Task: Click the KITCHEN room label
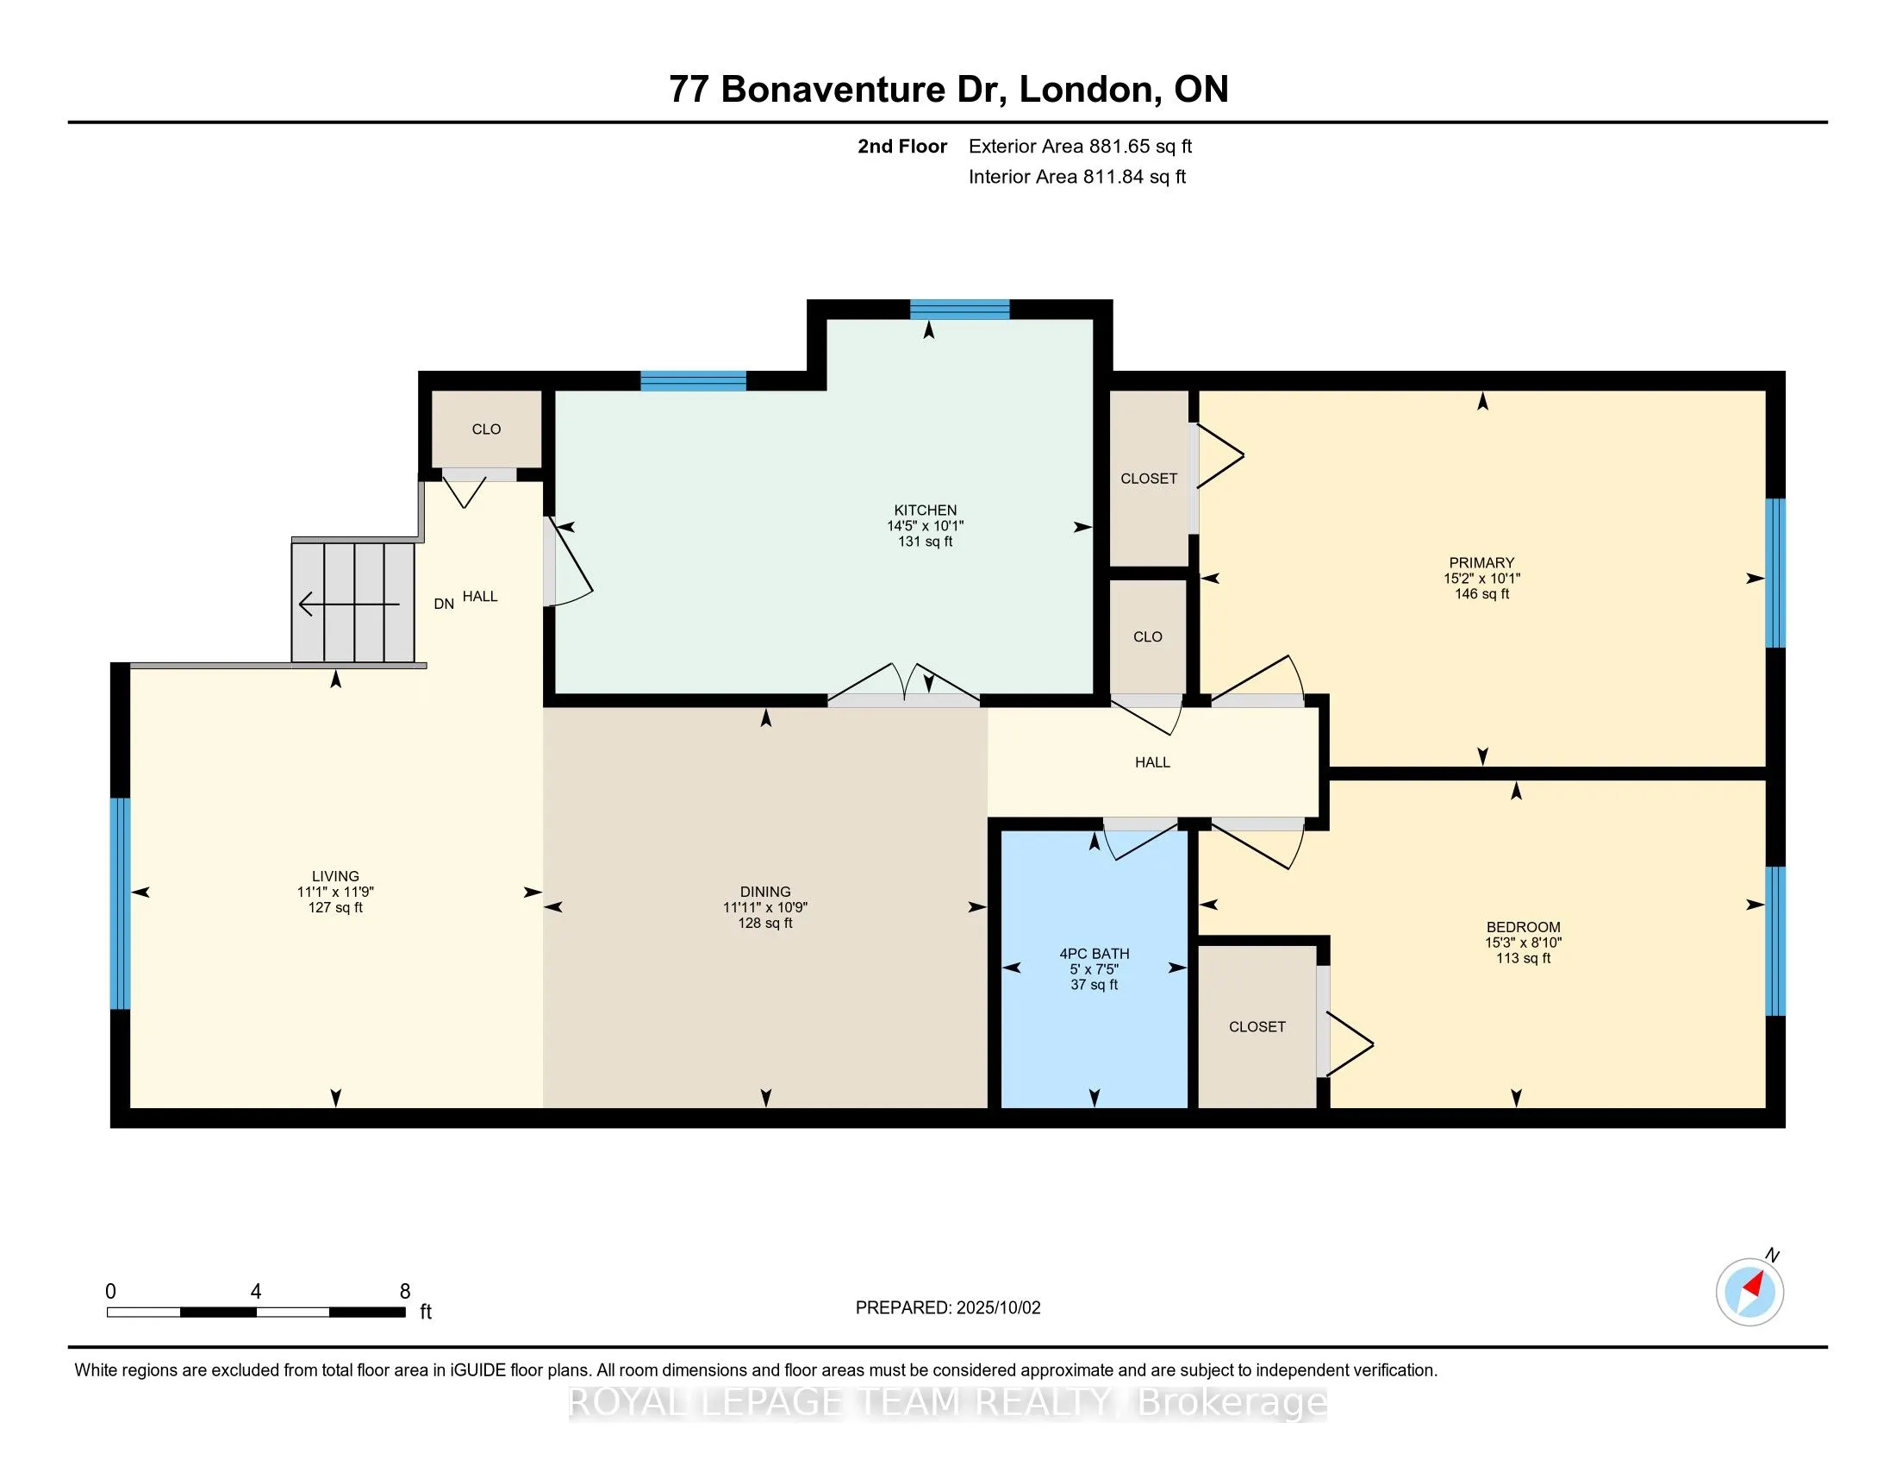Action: (x=926, y=510)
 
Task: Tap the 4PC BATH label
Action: (x=1094, y=953)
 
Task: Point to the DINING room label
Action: (x=764, y=891)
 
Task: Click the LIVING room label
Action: (x=335, y=875)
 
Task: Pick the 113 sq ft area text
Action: (x=1523, y=958)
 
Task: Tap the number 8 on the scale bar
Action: (x=404, y=1292)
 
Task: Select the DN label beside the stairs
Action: (x=444, y=604)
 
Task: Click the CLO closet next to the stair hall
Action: (x=486, y=429)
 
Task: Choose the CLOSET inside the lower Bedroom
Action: (x=1257, y=1026)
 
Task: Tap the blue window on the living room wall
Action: (x=120, y=903)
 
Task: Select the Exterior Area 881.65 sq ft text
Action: (x=1080, y=146)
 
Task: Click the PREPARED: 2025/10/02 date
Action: (x=947, y=1307)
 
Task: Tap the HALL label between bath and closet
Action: (x=1152, y=761)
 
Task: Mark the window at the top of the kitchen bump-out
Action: (x=959, y=310)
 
